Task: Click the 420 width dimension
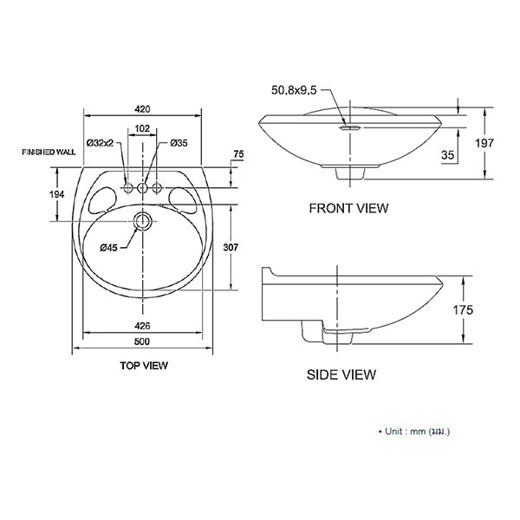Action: point(142,109)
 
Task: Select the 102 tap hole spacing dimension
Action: point(142,127)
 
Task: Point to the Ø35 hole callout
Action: point(179,143)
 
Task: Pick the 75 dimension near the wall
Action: point(238,155)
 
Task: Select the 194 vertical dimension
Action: point(57,194)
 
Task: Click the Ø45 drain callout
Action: point(108,249)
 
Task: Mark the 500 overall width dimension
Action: point(142,343)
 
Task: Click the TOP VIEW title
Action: point(144,366)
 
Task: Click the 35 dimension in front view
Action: point(448,154)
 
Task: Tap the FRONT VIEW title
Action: point(348,208)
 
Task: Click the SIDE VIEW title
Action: point(341,375)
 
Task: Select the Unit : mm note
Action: point(414,431)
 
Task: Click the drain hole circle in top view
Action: point(143,221)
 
